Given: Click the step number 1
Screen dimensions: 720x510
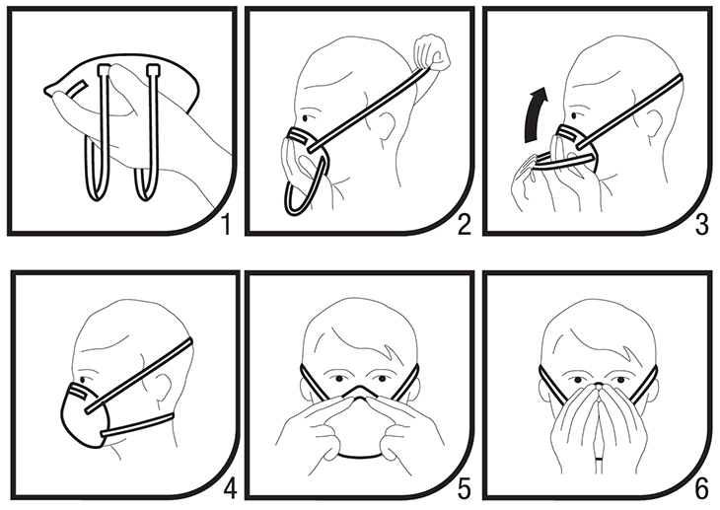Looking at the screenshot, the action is (x=226, y=225).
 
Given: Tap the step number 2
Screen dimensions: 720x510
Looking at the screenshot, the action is (x=465, y=225).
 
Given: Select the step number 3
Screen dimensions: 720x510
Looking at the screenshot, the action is (x=702, y=225).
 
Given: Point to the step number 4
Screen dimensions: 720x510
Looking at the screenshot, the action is (x=230, y=488).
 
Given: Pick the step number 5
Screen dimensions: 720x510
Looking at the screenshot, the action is (x=465, y=489).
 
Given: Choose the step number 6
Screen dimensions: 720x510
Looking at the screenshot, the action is (x=702, y=489).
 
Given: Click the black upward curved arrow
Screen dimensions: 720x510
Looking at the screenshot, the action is (x=535, y=114).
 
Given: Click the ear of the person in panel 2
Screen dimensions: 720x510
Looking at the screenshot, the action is (x=386, y=125).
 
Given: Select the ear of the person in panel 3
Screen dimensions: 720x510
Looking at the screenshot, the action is (x=653, y=124).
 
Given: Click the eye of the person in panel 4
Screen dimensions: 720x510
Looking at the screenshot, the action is (x=83, y=380).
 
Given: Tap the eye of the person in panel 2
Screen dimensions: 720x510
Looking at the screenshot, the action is (x=305, y=117).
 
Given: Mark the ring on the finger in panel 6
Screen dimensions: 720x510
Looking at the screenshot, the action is (x=599, y=459).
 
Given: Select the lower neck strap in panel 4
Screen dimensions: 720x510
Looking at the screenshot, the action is (x=137, y=425).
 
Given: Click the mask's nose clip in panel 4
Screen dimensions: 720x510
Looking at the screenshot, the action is (x=78, y=392).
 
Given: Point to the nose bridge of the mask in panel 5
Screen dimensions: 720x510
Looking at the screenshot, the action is (x=359, y=392).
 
